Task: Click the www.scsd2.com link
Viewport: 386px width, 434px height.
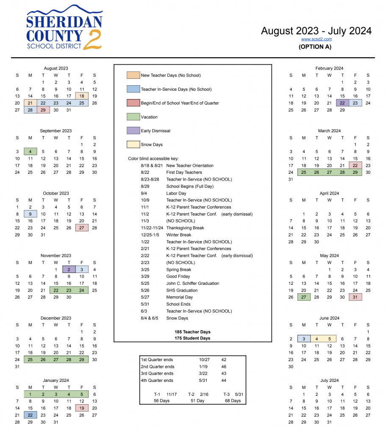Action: tap(316, 39)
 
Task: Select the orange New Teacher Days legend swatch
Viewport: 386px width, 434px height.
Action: tap(133, 75)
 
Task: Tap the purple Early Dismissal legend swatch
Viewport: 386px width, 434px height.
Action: tap(133, 131)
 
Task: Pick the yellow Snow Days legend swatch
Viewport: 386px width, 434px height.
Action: tap(133, 145)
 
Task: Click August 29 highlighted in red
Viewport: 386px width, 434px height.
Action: tap(43, 110)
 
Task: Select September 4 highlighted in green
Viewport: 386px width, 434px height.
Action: tap(30, 151)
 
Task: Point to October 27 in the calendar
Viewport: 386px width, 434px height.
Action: tap(82, 228)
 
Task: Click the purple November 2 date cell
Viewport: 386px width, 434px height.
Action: tap(69, 270)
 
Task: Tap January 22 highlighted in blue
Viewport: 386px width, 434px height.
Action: tap(30, 415)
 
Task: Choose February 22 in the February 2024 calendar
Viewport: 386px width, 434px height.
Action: tap(342, 103)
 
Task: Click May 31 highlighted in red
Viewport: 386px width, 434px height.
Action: tap(355, 297)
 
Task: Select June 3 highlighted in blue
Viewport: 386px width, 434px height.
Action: tap(304, 339)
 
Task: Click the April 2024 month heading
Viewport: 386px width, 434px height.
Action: tap(329, 193)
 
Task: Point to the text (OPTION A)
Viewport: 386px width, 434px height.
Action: tap(315, 47)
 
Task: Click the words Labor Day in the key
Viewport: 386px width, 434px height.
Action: tap(176, 193)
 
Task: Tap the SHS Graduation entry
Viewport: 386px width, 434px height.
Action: tap(182, 290)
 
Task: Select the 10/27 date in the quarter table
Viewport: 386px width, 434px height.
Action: tap(204, 359)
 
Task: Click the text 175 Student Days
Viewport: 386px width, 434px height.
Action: tap(192, 338)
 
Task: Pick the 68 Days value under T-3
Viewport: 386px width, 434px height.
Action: tap(233, 401)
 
